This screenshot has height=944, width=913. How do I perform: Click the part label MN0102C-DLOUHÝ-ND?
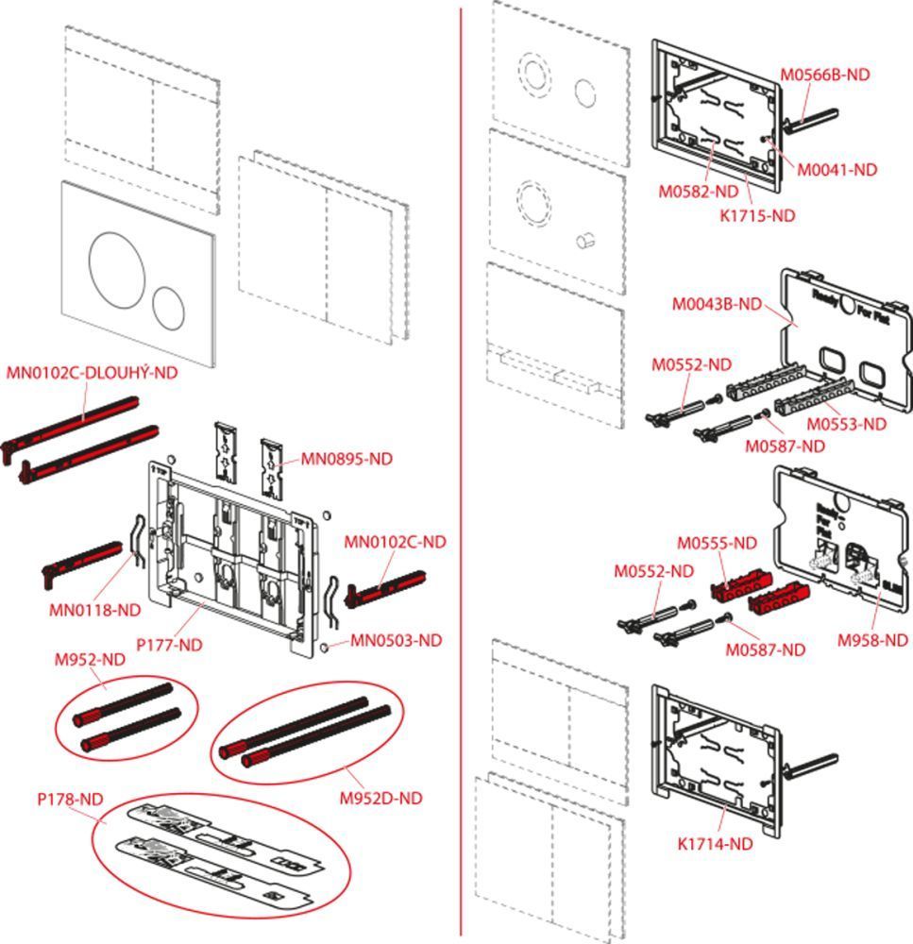pyautogui.click(x=92, y=373)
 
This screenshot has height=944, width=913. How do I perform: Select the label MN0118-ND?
pyautogui.click(x=94, y=610)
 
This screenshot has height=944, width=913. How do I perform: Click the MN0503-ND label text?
pyautogui.click(x=396, y=640)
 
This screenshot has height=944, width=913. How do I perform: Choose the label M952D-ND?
pyautogui.click(x=380, y=798)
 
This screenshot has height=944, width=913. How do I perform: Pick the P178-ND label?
pyautogui.click(x=70, y=799)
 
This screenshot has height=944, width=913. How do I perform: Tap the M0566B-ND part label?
pyautogui.click(x=824, y=75)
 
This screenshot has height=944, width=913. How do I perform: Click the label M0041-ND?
pyautogui.click(x=837, y=170)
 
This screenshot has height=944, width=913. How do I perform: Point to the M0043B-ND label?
pyautogui.click(x=716, y=304)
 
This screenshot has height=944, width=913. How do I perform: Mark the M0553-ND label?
pyautogui.click(x=846, y=424)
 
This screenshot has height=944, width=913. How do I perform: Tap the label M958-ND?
pyautogui.click(x=872, y=640)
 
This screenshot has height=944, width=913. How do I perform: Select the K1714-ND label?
pyautogui.click(x=715, y=844)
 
